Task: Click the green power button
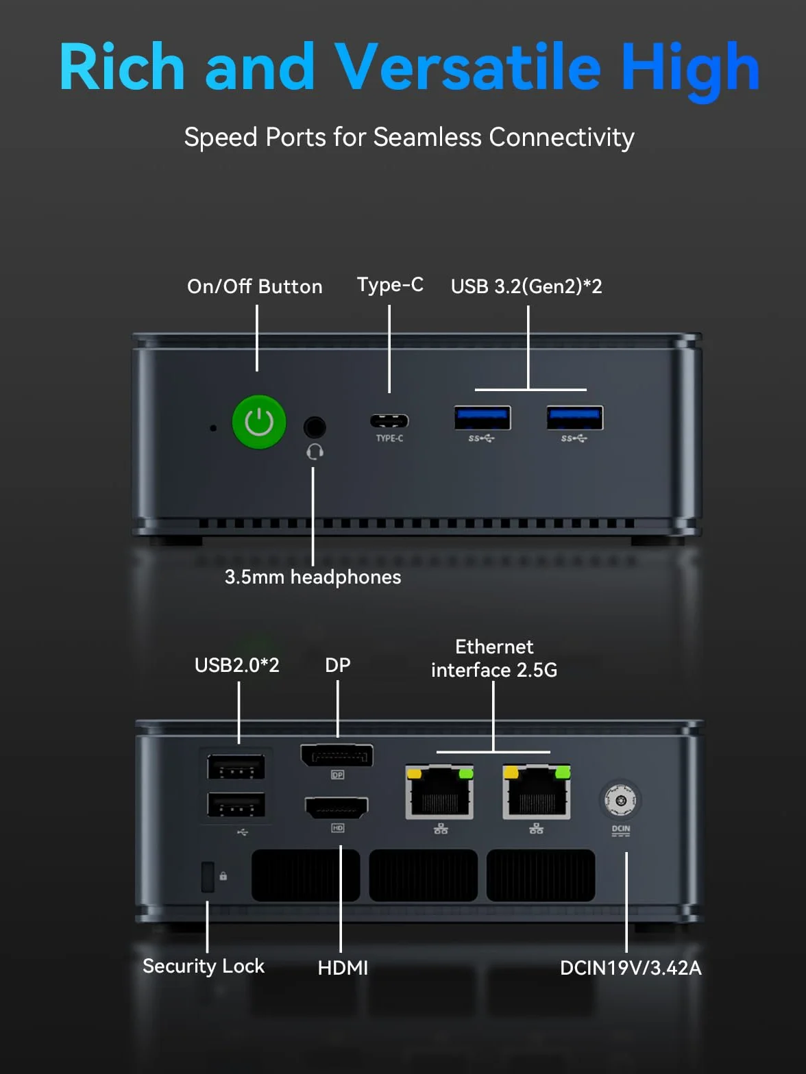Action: [259, 422]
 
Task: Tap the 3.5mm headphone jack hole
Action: [315, 427]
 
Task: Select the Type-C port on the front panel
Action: [389, 421]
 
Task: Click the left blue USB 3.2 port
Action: [483, 418]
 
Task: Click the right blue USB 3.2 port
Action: [575, 418]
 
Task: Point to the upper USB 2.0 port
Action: [236, 766]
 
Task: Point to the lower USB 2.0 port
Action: [236, 805]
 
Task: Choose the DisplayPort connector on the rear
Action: [337, 755]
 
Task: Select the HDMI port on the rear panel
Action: [337, 808]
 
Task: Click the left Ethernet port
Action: [439, 792]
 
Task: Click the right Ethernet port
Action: [537, 792]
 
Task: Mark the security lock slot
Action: [208, 877]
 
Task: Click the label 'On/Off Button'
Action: [255, 287]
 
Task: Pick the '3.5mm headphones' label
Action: [313, 577]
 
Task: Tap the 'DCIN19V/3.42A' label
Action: [631, 969]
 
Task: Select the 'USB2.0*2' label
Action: [237, 666]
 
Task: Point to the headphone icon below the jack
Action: [315, 451]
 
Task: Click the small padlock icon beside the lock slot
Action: [223, 876]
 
